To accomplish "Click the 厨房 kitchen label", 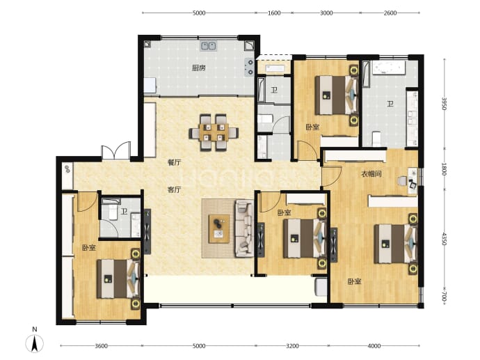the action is pyautogui.click(x=199, y=68).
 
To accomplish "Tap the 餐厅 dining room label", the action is pyautogui.click(x=174, y=162).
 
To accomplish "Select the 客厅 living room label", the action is pyautogui.click(x=174, y=190).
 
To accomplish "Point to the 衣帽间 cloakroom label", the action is pyautogui.click(x=371, y=174).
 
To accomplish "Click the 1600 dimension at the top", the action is pyautogui.click(x=274, y=13).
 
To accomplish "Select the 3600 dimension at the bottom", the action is pyautogui.click(x=101, y=346).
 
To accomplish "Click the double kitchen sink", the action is pyautogui.click(x=209, y=46).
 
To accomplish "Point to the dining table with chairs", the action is pyautogui.click(x=214, y=132).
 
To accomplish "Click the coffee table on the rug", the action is pyautogui.click(x=219, y=229).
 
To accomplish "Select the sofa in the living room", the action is pyautogui.click(x=244, y=228).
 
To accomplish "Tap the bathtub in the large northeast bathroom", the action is pyautogui.click(x=389, y=68).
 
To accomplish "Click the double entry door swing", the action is pyautogui.click(x=116, y=150).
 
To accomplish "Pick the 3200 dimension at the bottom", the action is pyautogui.click(x=292, y=346).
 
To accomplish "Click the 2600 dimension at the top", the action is pyautogui.click(x=390, y=13).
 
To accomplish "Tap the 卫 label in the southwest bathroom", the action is pyautogui.click(x=124, y=212).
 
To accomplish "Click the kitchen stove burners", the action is pyautogui.click(x=250, y=68).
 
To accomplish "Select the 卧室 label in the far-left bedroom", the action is pyautogui.click(x=89, y=248).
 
